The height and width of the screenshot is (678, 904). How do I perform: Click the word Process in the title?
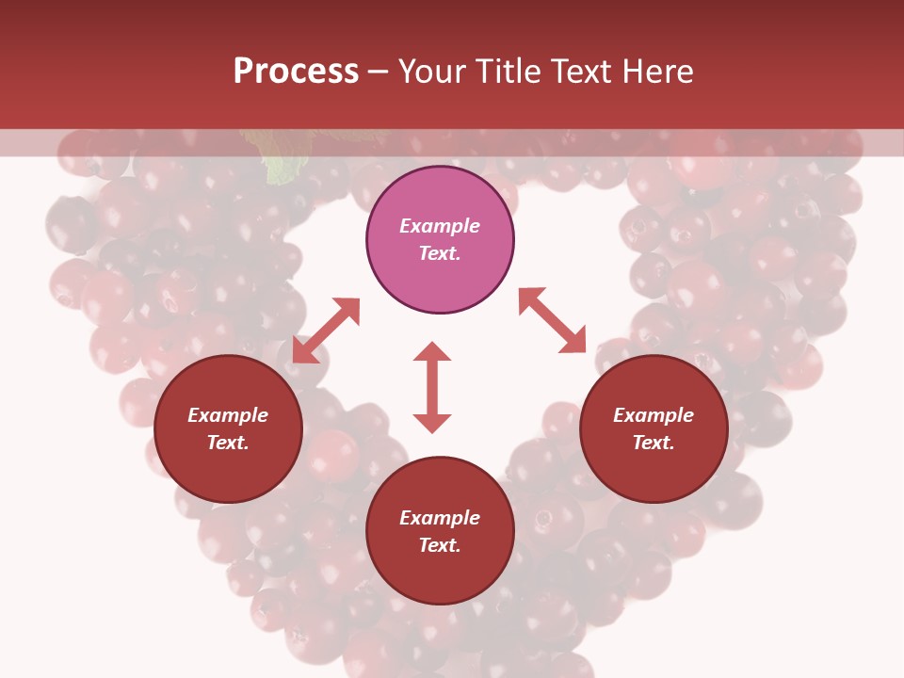[x=296, y=72]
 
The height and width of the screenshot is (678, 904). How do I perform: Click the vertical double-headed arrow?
[x=432, y=387]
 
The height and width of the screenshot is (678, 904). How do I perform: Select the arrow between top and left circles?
[x=326, y=331]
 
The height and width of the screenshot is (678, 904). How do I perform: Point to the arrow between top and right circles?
[x=552, y=320]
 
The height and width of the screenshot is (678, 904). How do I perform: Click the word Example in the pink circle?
[x=440, y=226]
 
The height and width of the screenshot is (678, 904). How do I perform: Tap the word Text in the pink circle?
[x=440, y=253]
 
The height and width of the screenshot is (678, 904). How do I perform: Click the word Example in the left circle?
[x=228, y=415]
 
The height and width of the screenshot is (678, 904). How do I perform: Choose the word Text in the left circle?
[x=228, y=443]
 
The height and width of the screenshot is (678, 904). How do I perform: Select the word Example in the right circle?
[x=654, y=415]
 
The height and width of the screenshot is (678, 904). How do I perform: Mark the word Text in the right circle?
[x=654, y=443]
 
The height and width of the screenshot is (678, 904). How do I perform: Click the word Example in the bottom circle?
[x=440, y=518]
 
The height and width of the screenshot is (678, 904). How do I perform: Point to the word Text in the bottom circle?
[x=440, y=545]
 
